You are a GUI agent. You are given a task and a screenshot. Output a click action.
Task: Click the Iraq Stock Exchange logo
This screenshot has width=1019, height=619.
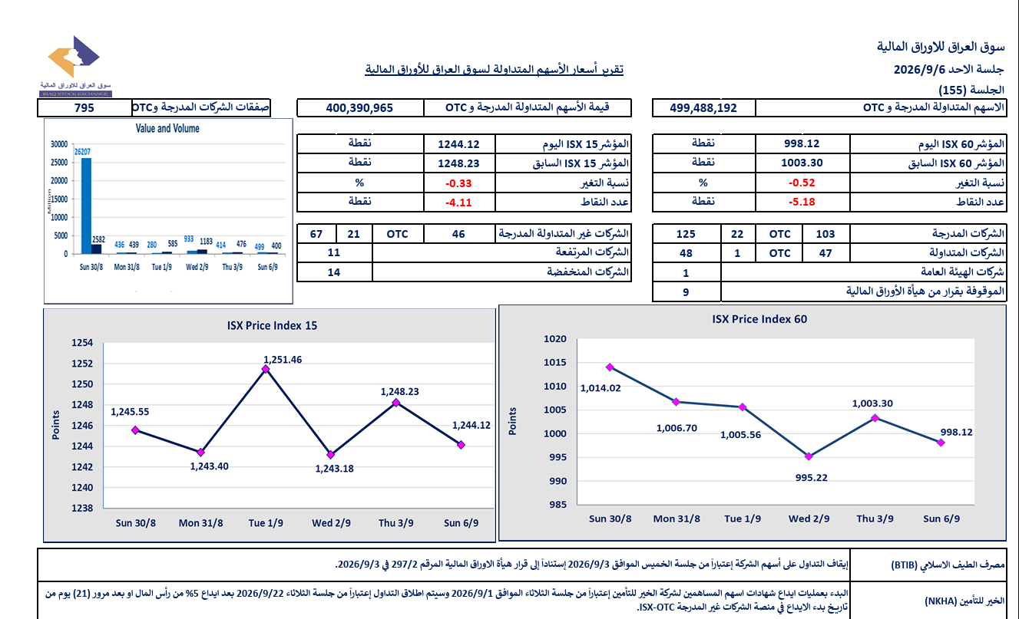pos(75,66)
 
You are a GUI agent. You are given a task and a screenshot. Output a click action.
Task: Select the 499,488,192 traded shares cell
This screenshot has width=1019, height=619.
pos(703,108)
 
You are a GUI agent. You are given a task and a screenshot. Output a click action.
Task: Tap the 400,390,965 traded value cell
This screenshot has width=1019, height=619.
pos(359,108)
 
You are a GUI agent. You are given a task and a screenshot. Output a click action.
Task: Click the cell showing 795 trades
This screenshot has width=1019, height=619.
pos(84,108)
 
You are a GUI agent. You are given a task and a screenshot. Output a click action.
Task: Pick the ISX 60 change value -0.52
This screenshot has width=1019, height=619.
pos(802,183)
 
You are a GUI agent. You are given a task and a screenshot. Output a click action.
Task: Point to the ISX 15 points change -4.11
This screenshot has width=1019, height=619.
pos(458,202)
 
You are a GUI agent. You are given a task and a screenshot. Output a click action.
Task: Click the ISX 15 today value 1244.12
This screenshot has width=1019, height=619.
pos(458,144)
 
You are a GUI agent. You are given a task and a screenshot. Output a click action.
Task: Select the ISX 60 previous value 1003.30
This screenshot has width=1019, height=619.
pos(802,163)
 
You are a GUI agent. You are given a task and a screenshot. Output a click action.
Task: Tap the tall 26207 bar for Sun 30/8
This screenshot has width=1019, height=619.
pos(86,206)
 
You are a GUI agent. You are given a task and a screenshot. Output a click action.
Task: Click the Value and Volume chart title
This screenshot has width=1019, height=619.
pos(167,129)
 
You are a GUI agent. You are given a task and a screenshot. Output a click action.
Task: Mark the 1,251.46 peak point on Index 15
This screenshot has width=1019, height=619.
pos(266,370)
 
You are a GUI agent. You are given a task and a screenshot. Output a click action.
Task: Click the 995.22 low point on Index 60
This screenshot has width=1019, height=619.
pos(809,456)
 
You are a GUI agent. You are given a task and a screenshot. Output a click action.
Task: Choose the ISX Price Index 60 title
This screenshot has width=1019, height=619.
pos(759,319)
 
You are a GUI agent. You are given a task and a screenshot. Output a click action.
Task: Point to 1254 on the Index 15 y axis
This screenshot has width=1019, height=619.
pos(82,343)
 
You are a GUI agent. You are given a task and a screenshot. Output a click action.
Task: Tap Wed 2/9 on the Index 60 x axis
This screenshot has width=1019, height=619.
pos(809,519)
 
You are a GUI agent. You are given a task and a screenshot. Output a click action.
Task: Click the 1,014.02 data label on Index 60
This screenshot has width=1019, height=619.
pos(600,388)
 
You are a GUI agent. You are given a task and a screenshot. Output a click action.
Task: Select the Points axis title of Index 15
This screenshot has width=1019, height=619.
pos(56,425)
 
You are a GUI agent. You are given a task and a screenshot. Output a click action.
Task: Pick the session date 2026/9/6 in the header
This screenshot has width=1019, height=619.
pos(920,70)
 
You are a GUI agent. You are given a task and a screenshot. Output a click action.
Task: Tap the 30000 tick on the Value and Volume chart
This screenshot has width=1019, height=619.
pos(59,144)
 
